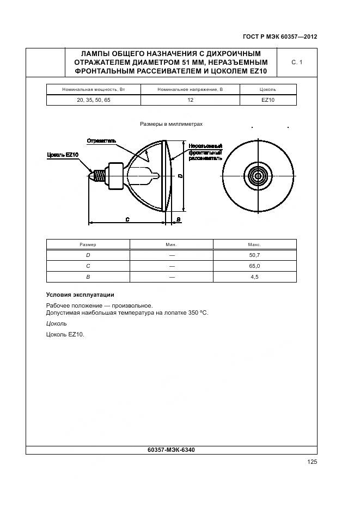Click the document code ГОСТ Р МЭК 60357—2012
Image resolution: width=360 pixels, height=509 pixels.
[279, 37]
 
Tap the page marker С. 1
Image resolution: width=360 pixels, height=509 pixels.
[297, 63]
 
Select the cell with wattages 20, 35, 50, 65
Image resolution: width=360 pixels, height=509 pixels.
[94, 100]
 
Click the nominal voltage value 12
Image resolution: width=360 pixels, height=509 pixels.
[190, 100]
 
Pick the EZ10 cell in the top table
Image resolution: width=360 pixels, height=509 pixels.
[268, 100]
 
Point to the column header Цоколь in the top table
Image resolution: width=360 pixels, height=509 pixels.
[268, 89]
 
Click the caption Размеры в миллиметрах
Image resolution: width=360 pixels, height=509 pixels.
[171, 124]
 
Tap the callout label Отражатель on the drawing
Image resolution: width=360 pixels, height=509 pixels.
[101, 140]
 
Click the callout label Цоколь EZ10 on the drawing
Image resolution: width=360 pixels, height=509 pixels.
[63, 155]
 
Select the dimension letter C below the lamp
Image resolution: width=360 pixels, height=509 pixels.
[127, 219]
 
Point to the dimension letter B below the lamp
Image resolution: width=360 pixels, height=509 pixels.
[179, 219]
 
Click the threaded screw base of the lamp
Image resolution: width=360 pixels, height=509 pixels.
[100, 176]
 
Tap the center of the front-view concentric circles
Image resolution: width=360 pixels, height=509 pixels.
[256, 176]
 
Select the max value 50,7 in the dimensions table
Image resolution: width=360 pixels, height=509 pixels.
[254, 255]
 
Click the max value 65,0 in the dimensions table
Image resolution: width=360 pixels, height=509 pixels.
[254, 266]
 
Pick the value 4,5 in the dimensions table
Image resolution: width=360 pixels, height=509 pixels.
[254, 277]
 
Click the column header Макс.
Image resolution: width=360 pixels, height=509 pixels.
[254, 245]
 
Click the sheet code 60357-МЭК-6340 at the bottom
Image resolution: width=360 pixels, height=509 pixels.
[171, 450]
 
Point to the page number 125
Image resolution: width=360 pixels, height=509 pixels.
[312, 462]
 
